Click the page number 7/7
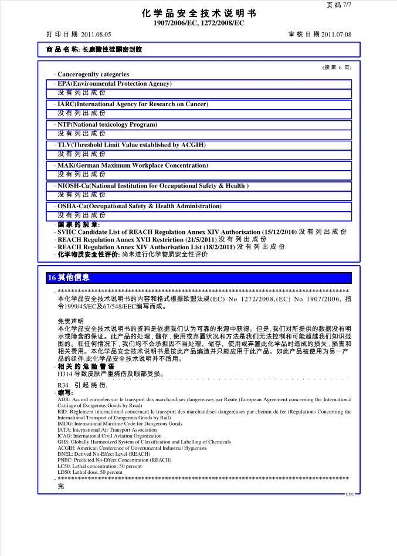tap(347, 4)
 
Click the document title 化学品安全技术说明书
tap(199, 13)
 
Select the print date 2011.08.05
tap(96, 35)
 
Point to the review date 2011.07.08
tap(336, 35)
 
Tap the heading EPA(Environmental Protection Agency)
tap(114, 84)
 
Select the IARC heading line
tap(133, 104)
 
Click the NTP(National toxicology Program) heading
tap(107, 125)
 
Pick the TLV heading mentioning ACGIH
tap(131, 145)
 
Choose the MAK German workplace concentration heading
tap(133, 165)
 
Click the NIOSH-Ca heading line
tap(152, 186)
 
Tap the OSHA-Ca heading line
tap(139, 206)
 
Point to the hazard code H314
tap(65, 374)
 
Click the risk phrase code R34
tap(63, 385)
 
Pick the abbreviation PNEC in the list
tap(65, 460)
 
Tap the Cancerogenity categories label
tap(93, 74)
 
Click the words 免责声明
tap(70, 321)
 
